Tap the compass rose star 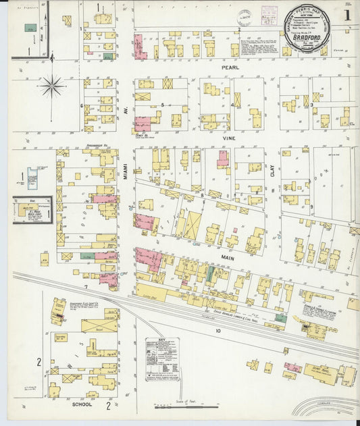52,86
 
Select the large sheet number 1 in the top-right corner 346,14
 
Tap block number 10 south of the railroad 218,331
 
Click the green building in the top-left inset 30,28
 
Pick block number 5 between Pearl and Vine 162,105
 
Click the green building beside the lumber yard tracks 280,318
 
